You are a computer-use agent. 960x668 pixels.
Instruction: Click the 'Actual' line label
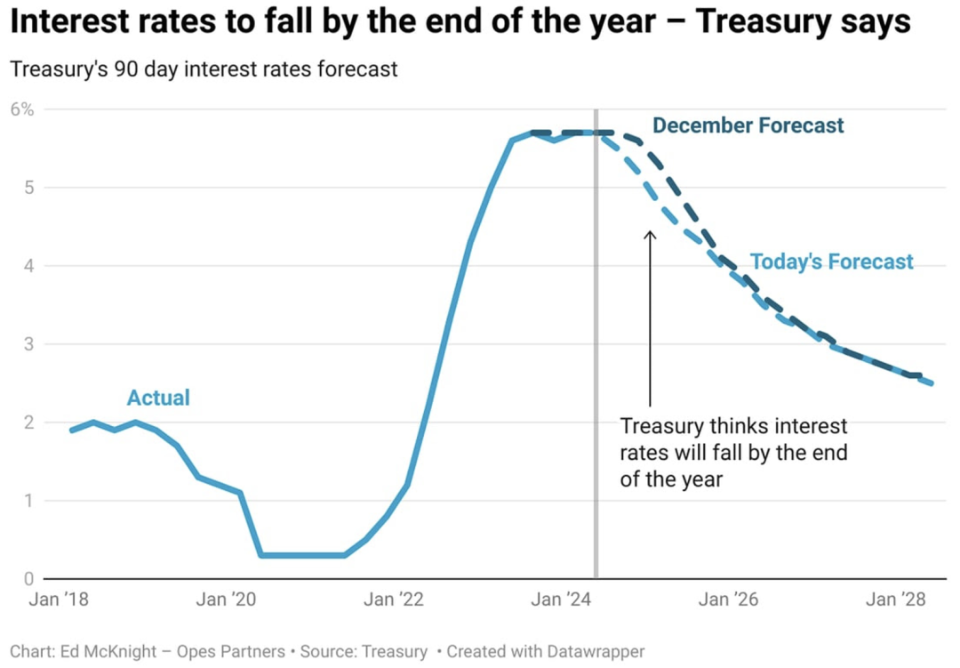(158, 398)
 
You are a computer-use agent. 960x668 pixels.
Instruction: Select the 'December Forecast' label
(748, 125)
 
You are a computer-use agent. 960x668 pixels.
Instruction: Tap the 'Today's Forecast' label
(831, 262)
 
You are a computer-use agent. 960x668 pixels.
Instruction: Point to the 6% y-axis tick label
(22, 109)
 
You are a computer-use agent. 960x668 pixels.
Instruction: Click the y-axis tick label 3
(28, 344)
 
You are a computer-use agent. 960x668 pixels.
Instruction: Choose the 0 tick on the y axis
(28, 578)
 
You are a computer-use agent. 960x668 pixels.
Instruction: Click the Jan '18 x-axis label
(59, 599)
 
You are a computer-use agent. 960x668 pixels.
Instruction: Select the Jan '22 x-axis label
(394, 599)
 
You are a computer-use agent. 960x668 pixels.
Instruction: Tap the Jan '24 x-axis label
(561, 599)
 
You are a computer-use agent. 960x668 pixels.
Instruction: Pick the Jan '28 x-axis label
(896, 599)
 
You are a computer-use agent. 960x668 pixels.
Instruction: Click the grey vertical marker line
(596, 343)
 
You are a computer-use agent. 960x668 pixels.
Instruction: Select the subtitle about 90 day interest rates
(204, 68)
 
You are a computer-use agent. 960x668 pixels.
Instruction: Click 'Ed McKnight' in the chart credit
(108, 651)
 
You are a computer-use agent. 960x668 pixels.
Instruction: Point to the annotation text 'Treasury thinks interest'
(733, 425)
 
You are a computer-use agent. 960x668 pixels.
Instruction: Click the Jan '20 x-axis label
(226, 599)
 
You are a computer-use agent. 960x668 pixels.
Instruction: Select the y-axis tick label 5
(28, 188)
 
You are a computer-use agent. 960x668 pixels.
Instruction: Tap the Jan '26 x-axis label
(729, 599)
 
